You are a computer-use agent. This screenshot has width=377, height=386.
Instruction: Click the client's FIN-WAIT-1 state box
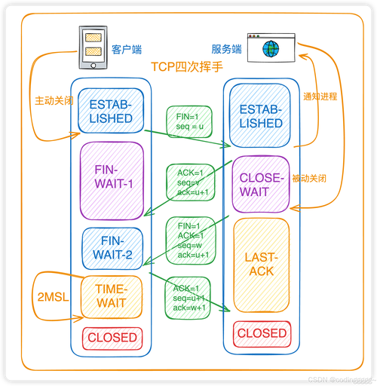tap(112, 181)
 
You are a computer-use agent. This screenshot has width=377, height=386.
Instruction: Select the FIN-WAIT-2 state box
tap(112, 249)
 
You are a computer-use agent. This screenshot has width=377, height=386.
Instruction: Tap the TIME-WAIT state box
tap(112, 297)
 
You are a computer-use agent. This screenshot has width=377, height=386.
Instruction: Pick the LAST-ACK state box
tap(262, 265)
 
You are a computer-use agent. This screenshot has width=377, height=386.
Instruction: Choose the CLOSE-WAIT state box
tap(261, 184)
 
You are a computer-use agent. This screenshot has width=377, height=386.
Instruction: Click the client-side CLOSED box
tap(112, 339)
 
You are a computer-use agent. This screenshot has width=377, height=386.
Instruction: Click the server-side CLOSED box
tap(262, 334)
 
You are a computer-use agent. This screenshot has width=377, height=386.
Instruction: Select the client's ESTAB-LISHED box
tap(111, 111)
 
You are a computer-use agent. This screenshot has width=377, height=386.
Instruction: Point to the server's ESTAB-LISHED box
tap(260, 115)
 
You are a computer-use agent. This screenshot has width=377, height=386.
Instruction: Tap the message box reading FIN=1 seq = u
tap(189, 121)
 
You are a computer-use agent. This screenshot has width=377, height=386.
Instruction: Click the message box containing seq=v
tap(191, 182)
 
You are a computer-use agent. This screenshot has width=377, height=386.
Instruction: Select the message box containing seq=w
tap(191, 240)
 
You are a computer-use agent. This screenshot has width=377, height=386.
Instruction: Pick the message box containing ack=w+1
tap(188, 298)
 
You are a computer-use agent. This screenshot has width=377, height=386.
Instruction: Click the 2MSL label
tap(53, 297)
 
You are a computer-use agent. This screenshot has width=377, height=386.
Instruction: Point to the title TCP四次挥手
tap(187, 67)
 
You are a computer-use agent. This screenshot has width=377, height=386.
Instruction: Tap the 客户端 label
tap(127, 50)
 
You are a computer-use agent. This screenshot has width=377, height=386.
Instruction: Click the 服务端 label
tap(226, 49)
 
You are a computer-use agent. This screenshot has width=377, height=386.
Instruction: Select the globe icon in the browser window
tap(271, 48)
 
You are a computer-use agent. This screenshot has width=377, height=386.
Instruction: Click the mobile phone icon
tap(93, 47)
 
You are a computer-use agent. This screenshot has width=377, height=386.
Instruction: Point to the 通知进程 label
tap(320, 96)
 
